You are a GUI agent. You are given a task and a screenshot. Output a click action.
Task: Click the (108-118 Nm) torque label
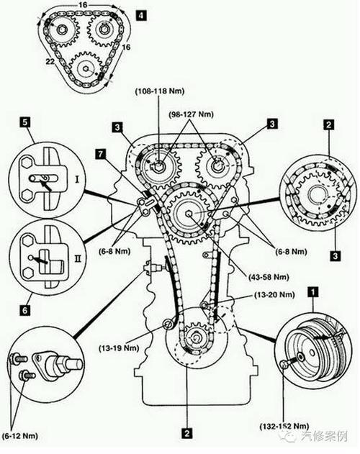coord(160,91)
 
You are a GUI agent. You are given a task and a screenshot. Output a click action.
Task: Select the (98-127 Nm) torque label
coord(192,114)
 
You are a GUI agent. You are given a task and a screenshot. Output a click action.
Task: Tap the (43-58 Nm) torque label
coord(269,277)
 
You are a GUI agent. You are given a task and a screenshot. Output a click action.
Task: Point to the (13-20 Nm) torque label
coord(274,295)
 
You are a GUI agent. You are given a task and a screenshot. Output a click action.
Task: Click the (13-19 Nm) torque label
coord(119,348)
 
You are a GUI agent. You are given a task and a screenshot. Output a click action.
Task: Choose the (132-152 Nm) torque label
coord(284,426)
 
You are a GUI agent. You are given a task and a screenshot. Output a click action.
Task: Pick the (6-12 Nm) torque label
coord(19,435)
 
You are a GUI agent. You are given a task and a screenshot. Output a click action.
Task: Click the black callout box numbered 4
coord(141,15)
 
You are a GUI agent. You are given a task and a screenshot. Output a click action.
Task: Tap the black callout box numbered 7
coord(101,154)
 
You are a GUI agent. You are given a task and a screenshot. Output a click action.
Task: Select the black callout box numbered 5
coord(25,122)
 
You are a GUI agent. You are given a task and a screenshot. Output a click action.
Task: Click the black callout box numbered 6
coord(25,310)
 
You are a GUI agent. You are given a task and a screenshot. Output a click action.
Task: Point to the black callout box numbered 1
coord(312,292)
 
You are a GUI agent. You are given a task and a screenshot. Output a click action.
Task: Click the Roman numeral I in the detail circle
coord(77,180)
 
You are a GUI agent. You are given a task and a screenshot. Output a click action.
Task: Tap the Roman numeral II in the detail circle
coord(78,258)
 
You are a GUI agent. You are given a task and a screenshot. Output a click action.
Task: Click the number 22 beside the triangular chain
coord(50,61)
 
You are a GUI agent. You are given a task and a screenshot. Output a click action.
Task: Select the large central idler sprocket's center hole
coord(189,214)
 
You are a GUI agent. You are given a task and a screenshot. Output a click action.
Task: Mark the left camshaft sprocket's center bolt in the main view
coord(158,167)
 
